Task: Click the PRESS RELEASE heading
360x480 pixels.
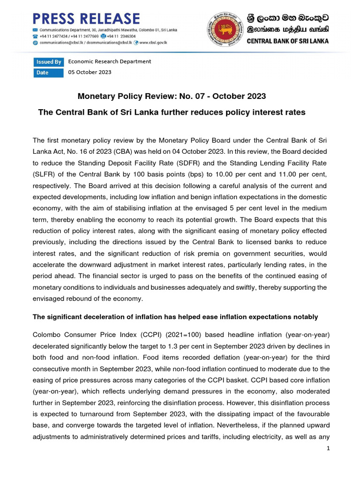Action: coord(86,18)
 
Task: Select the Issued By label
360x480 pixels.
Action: coord(48,62)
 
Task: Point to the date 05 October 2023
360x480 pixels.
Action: coord(90,72)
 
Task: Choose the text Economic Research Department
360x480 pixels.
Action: coord(110,61)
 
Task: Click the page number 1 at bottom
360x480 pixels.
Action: coord(329,449)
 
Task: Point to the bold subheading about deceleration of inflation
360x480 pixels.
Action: coord(175,317)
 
